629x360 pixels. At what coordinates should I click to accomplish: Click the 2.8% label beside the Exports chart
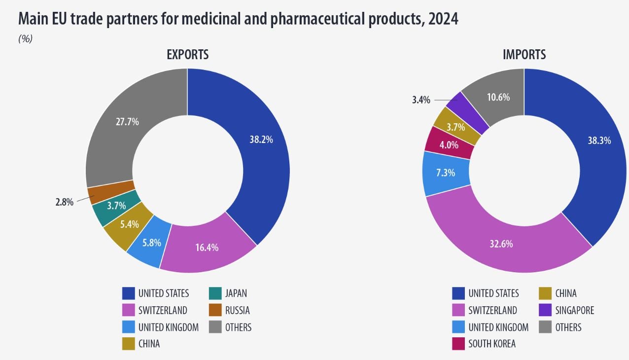[64, 202]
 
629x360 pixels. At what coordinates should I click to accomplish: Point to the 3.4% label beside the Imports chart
[421, 100]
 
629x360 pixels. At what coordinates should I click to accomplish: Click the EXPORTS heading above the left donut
[187, 54]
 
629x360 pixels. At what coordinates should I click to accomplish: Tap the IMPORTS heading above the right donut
[524, 54]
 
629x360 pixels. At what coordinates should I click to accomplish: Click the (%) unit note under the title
[25, 39]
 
